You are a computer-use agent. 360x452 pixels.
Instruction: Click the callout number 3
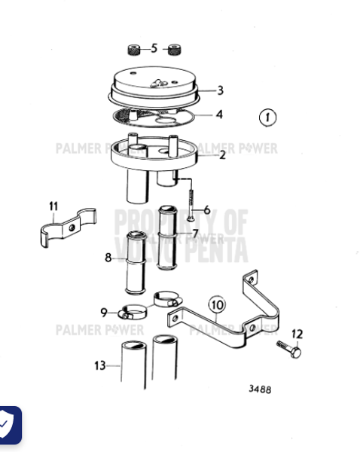click(220, 90)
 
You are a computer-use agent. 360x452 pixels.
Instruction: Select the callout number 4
click(219, 115)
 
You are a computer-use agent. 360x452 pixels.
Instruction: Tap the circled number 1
click(268, 118)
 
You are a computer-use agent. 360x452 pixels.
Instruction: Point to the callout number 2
click(222, 156)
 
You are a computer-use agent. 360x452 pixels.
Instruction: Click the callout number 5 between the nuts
click(154, 49)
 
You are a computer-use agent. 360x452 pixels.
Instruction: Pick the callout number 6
click(206, 209)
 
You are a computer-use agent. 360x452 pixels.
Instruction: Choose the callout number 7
click(195, 234)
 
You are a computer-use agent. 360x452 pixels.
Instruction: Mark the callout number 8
click(108, 258)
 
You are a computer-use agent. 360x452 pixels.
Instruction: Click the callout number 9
click(104, 312)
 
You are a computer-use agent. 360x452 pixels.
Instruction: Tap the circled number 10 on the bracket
click(217, 305)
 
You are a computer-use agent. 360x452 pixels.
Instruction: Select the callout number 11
click(53, 206)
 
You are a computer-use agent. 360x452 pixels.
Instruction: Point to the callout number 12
click(297, 334)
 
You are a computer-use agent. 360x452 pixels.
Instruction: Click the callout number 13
click(100, 365)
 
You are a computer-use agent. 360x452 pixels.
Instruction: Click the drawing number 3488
click(260, 389)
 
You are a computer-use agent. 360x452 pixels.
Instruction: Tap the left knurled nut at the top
click(134, 51)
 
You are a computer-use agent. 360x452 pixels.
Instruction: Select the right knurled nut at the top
click(175, 50)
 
